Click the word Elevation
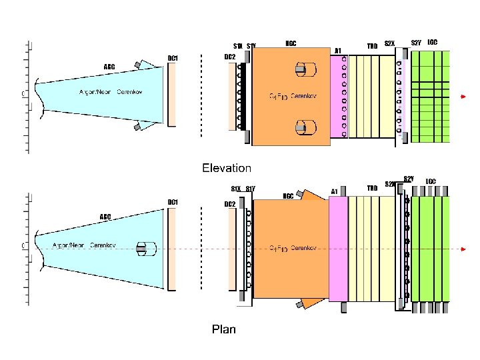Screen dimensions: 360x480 (x=227, y=168)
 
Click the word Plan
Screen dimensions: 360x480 (x=223, y=329)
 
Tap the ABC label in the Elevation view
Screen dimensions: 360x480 (x=109, y=67)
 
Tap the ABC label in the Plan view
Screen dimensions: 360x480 (x=105, y=216)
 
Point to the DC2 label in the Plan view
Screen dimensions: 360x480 (x=229, y=203)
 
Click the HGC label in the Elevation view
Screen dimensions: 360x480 (x=291, y=43)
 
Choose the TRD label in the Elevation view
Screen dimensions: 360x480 (x=372, y=46)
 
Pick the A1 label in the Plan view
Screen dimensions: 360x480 (x=335, y=191)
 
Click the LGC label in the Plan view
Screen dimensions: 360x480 (x=431, y=181)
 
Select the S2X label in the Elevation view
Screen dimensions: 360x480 (x=390, y=45)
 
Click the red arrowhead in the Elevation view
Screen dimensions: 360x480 (x=463, y=98)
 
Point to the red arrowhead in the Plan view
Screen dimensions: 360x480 (x=463, y=249)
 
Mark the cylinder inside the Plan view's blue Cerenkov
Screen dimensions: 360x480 (x=145, y=249)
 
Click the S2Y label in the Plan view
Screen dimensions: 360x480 (x=409, y=179)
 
